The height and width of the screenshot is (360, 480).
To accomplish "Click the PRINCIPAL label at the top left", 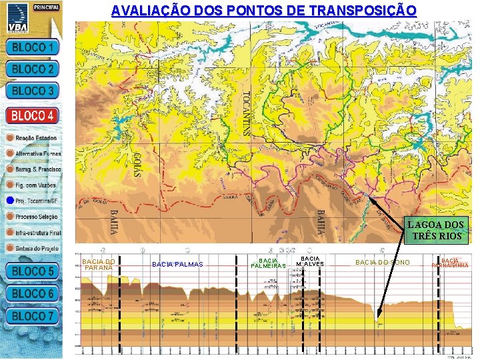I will (46, 7).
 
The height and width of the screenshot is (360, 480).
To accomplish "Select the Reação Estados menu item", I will (37, 138).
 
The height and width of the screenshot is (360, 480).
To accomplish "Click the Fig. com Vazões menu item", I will (37, 184).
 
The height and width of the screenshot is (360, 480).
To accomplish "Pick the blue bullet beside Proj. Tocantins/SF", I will (9, 200).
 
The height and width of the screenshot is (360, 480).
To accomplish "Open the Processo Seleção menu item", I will (37, 217).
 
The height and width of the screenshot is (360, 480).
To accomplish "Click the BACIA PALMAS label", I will (177, 265).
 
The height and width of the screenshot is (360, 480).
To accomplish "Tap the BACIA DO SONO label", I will (382, 263).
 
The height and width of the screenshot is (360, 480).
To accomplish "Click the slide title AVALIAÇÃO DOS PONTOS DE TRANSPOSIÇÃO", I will (264, 11).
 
